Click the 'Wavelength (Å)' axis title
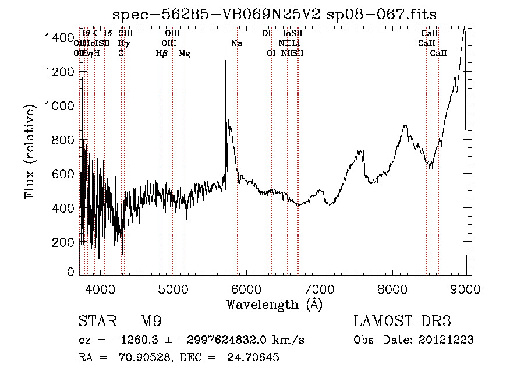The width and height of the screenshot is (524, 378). [x=274, y=304]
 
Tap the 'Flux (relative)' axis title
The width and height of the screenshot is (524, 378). [x=29, y=151]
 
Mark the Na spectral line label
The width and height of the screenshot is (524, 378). [x=236, y=44]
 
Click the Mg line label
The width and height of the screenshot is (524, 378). [x=185, y=54]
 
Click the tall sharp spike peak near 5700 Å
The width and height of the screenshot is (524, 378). [x=226, y=48]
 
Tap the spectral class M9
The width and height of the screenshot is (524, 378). [x=150, y=322]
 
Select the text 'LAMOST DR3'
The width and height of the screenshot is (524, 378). [x=402, y=322]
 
